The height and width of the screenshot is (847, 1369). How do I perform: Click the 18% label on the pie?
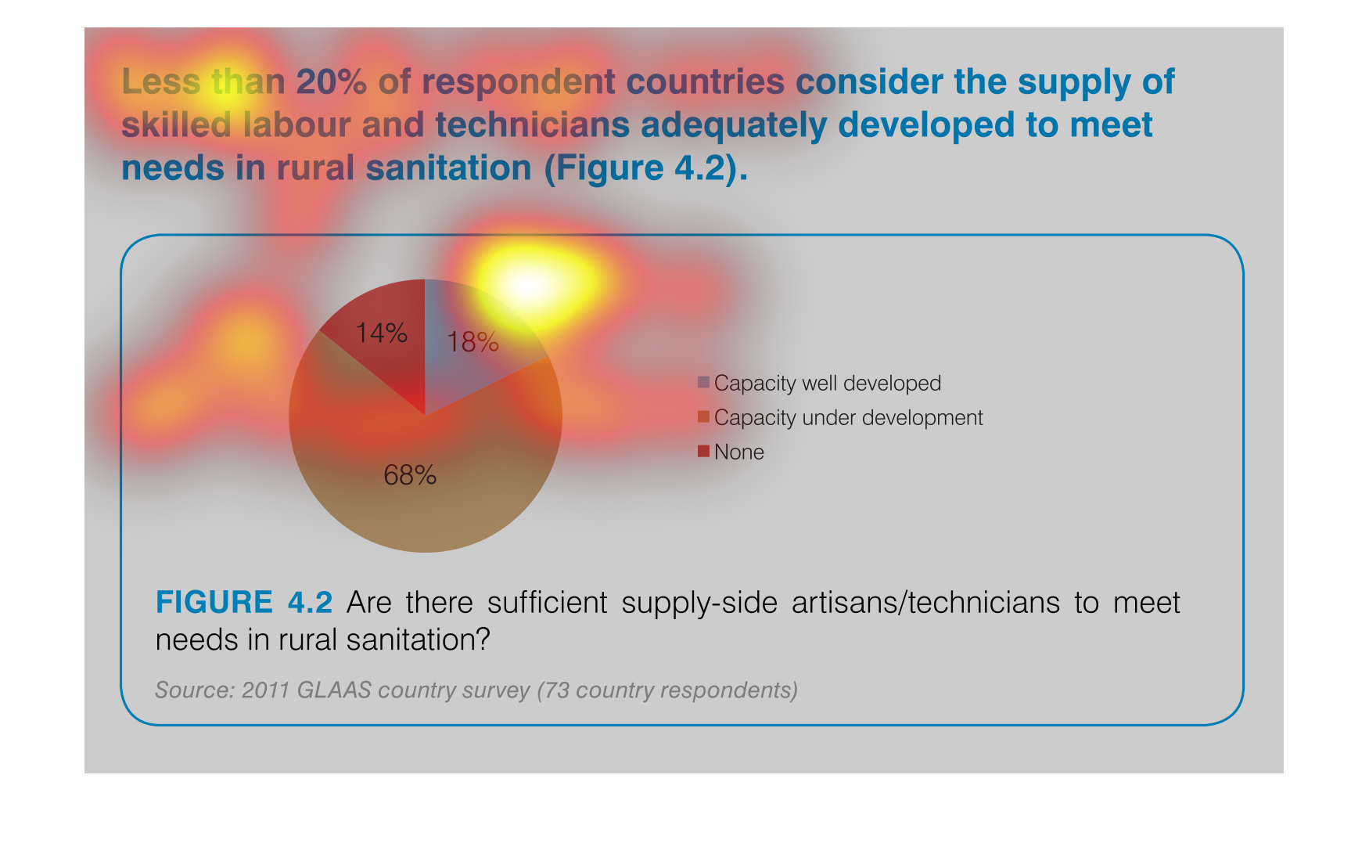(473, 342)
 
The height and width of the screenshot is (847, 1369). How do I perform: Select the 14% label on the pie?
(381, 333)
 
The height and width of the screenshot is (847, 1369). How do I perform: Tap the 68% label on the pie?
(410, 475)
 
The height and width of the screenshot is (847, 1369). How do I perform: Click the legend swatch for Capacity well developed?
(703, 382)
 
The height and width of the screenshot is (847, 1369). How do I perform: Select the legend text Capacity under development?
(848, 418)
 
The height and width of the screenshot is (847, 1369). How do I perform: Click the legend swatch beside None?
(703, 451)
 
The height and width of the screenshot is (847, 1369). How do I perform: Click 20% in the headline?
(332, 82)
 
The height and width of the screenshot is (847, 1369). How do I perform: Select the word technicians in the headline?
(532, 125)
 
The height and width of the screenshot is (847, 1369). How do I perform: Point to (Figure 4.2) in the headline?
(646, 168)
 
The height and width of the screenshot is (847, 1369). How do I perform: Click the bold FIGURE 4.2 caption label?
(244, 603)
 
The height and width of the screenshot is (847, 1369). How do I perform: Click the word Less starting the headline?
(160, 82)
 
